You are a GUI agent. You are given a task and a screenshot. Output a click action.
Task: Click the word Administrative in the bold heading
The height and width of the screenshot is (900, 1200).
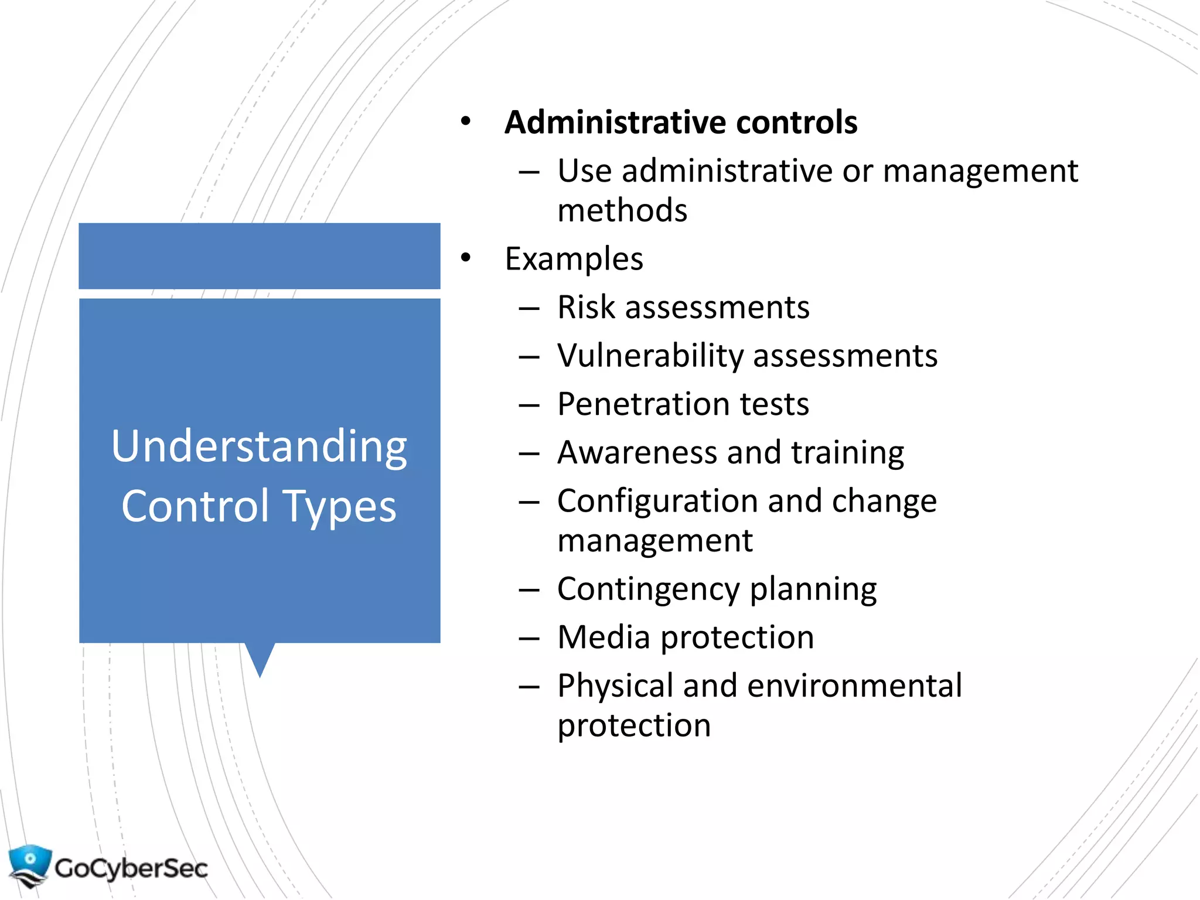615,122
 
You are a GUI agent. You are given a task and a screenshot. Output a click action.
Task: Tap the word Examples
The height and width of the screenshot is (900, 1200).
574,259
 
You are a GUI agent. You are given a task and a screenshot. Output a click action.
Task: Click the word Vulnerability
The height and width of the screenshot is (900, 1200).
650,356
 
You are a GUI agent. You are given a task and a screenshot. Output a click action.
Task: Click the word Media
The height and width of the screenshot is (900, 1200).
604,637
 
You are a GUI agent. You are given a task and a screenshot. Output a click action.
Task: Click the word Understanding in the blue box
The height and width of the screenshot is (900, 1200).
259,446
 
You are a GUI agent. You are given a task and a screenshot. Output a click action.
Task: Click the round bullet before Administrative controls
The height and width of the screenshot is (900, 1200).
466,121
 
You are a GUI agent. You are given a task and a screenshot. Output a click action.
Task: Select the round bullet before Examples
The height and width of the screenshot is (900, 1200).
466,258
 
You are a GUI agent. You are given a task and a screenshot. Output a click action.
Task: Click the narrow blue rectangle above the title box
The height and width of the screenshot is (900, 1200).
260,255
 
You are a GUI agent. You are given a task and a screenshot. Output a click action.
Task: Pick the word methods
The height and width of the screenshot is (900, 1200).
622,210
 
